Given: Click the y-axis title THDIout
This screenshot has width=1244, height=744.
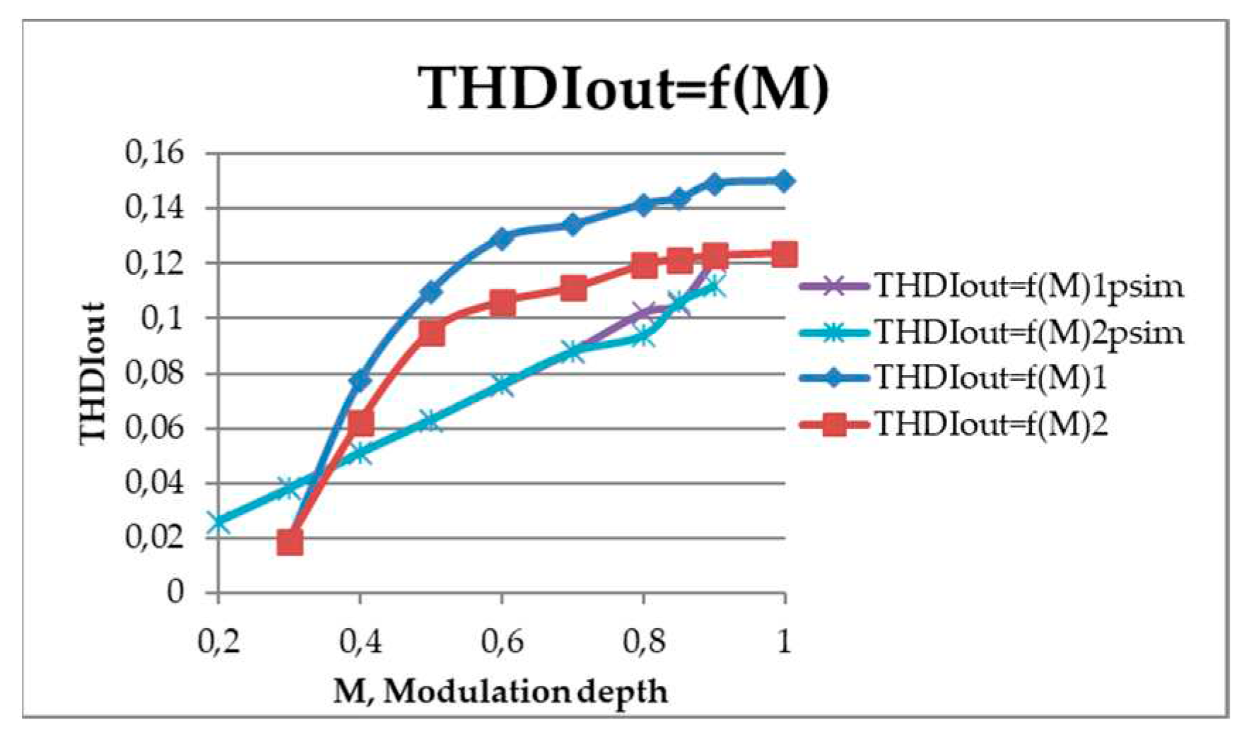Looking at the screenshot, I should (93, 372).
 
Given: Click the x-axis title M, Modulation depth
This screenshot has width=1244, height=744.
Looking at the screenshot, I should (500, 691).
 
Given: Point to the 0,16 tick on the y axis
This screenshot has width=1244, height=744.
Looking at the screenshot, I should (154, 153).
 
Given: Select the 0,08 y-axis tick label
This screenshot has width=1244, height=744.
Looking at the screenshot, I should (154, 373).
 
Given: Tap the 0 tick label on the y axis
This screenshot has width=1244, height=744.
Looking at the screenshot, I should (175, 592).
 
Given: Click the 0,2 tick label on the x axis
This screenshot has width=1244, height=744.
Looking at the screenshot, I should (218, 642).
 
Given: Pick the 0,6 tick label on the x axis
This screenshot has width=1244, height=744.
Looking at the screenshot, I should (501, 642).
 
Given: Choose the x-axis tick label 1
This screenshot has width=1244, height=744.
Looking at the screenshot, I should (784, 642).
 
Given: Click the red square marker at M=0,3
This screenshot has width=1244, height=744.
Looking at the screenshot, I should (290, 543).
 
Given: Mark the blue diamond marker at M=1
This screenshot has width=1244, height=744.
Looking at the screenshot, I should (784, 181).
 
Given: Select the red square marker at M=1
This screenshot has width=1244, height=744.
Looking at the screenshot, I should (784, 254).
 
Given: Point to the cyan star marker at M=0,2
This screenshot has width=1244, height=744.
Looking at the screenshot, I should (218, 523).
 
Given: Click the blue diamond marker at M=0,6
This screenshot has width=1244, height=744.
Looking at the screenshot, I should (502, 238).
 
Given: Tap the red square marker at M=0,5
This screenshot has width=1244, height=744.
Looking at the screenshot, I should (431, 332).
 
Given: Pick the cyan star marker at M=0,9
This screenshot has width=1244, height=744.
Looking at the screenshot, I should (714, 286).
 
